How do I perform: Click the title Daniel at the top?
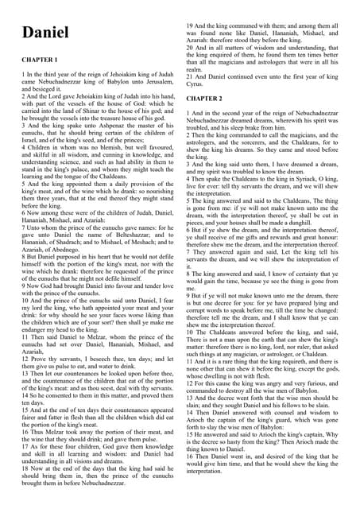tap(46, 33)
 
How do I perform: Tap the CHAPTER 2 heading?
tap(205, 99)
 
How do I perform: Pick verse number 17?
tap(25, 430)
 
